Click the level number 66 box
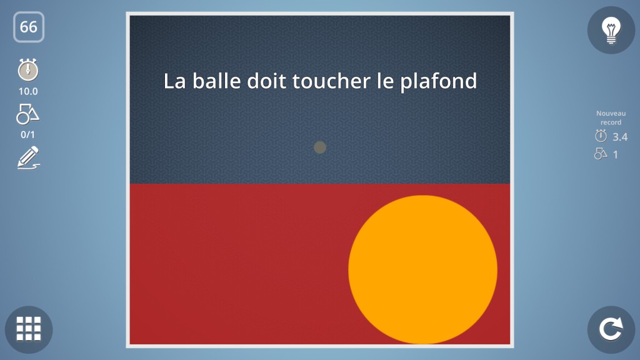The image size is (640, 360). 29,27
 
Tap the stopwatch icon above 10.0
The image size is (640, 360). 28,69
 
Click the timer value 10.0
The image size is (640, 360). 28,91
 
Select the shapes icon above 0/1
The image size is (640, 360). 27,114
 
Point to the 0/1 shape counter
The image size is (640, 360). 27,135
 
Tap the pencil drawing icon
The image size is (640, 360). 29,157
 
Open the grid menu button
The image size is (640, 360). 29,329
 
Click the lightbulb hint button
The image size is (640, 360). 611,30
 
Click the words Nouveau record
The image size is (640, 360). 611,117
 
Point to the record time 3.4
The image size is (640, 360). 620,137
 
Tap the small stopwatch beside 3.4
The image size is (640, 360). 601,136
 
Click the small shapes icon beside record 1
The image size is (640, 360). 601,154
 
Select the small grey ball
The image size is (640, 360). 320,147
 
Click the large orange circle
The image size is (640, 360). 423,269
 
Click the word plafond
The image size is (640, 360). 438,82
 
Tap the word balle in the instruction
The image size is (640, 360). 217,81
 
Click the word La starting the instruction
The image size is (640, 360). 175,81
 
